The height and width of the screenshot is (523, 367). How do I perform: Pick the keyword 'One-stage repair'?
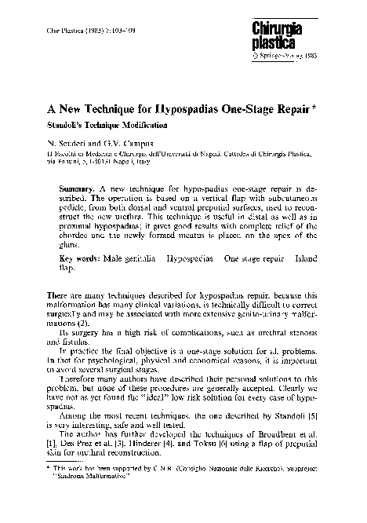pos(253,258)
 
